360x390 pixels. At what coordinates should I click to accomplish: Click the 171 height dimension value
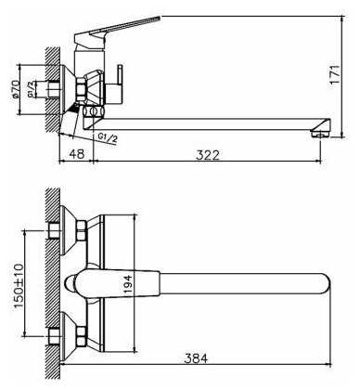(x=335, y=74)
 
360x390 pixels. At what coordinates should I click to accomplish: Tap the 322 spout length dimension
(x=208, y=155)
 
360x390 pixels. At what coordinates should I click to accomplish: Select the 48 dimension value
(x=76, y=153)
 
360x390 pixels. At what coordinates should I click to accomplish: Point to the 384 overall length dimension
(x=196, y=358)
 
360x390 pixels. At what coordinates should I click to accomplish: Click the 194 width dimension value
(x=128, y=285)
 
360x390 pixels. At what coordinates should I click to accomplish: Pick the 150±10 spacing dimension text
(x=19, y=287)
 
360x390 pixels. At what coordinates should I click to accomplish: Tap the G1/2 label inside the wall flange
(x=31, y=89)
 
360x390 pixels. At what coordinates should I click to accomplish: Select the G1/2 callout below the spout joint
(x=108, y=137)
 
